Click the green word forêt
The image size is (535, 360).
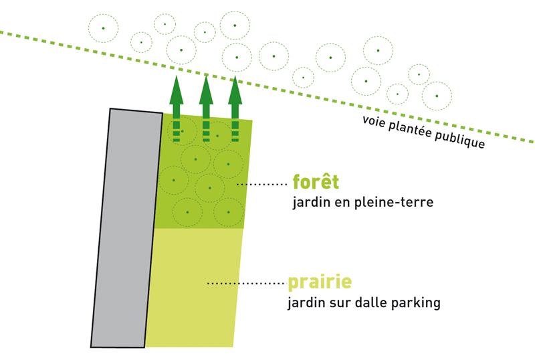tap(316, 182)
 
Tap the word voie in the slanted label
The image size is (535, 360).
tap(375, 120)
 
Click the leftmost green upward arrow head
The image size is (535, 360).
tap(176, 89)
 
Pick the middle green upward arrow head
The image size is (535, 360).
tap(206, 89)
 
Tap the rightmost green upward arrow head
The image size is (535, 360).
tap(235, 89)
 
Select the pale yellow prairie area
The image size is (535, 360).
tap(194, 288)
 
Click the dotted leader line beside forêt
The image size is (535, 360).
tap(261, 183)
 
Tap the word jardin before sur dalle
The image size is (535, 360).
tap(305, 303)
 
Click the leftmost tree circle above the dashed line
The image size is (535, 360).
tap(103, 28)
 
